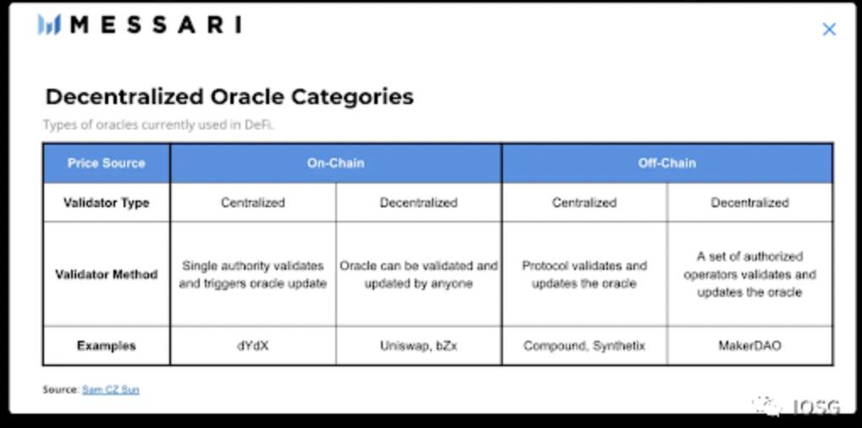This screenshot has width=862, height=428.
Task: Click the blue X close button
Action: tap(829, 29)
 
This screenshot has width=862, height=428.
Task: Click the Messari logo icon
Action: tap(49, 25)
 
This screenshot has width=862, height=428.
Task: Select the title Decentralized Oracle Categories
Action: tap(229, 96)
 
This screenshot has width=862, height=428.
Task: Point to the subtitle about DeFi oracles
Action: tap(158, 124)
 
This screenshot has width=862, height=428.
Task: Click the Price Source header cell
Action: tap(106, 163)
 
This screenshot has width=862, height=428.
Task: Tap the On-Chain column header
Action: tap(335, 163)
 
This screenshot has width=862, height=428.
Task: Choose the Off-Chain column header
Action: tap(667, 163)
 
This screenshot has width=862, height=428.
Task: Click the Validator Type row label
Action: tap(106, 203)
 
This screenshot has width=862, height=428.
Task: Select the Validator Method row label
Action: tap(106, 274)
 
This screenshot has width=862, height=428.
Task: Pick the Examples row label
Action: tap(106, 346)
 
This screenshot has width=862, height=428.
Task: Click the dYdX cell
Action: tap(253, 346)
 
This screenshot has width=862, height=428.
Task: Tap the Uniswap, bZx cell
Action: tap(418, 346)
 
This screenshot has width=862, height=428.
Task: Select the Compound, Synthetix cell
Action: tap(584, 346)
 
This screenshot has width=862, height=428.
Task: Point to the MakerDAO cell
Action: tap(750, 346)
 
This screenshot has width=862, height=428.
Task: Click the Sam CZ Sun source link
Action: tap(110, 390)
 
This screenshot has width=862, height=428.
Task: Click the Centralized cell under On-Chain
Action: tap(253, 203)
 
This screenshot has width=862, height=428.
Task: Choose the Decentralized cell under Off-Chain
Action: tap(750, 203)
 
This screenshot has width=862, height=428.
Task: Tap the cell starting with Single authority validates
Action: tap(253, 275)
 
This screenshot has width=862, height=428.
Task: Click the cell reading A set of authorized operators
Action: tap(750, 274)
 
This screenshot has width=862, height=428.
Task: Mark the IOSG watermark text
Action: tap(817, 407)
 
